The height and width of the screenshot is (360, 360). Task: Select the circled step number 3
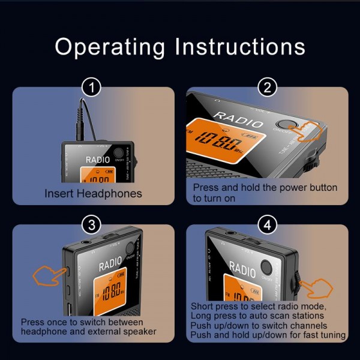click(91, 226)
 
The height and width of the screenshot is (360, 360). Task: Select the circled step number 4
click(267, 226)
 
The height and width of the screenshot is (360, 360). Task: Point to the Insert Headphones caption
click(93, 193)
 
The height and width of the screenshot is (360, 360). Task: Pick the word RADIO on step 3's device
click(110, 263)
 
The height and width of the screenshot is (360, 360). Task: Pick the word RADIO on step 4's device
click(242, 269)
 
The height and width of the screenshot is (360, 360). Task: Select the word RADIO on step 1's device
click(98, 160)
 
